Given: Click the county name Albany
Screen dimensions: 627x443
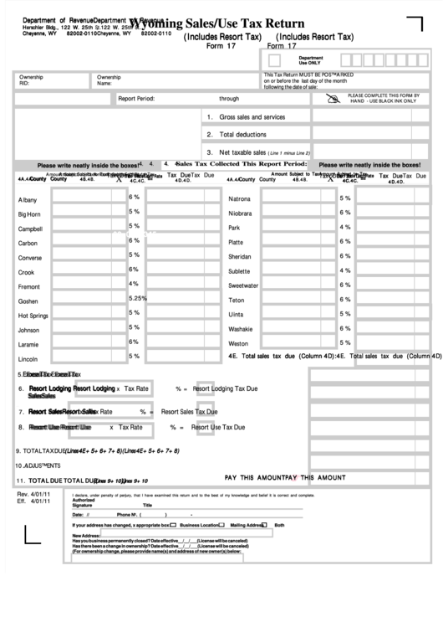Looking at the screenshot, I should click(x=28, y=200).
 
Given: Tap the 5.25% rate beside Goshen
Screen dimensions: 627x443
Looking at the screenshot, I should click(x=138, y=298).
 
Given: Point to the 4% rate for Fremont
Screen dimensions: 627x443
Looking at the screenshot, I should click(x=134, y=284).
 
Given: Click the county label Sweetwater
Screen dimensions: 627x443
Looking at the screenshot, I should click(x=243, y=285).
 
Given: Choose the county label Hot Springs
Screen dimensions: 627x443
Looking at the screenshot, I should click(x=33, y=316).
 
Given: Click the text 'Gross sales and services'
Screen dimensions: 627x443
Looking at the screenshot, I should click(x=252, y=117).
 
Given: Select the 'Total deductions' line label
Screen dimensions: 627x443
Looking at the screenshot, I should click(x=243, y=134).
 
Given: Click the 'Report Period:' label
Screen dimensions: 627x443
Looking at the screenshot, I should click(x=136, y=99).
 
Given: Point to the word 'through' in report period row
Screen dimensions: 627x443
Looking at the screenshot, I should click(x=229, y=99).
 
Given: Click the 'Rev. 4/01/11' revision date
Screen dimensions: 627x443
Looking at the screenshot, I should click(x=34, y=496).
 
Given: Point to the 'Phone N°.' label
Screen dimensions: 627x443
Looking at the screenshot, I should click(x=130, y=514).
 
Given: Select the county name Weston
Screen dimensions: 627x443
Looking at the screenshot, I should click(x=238, y=343).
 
